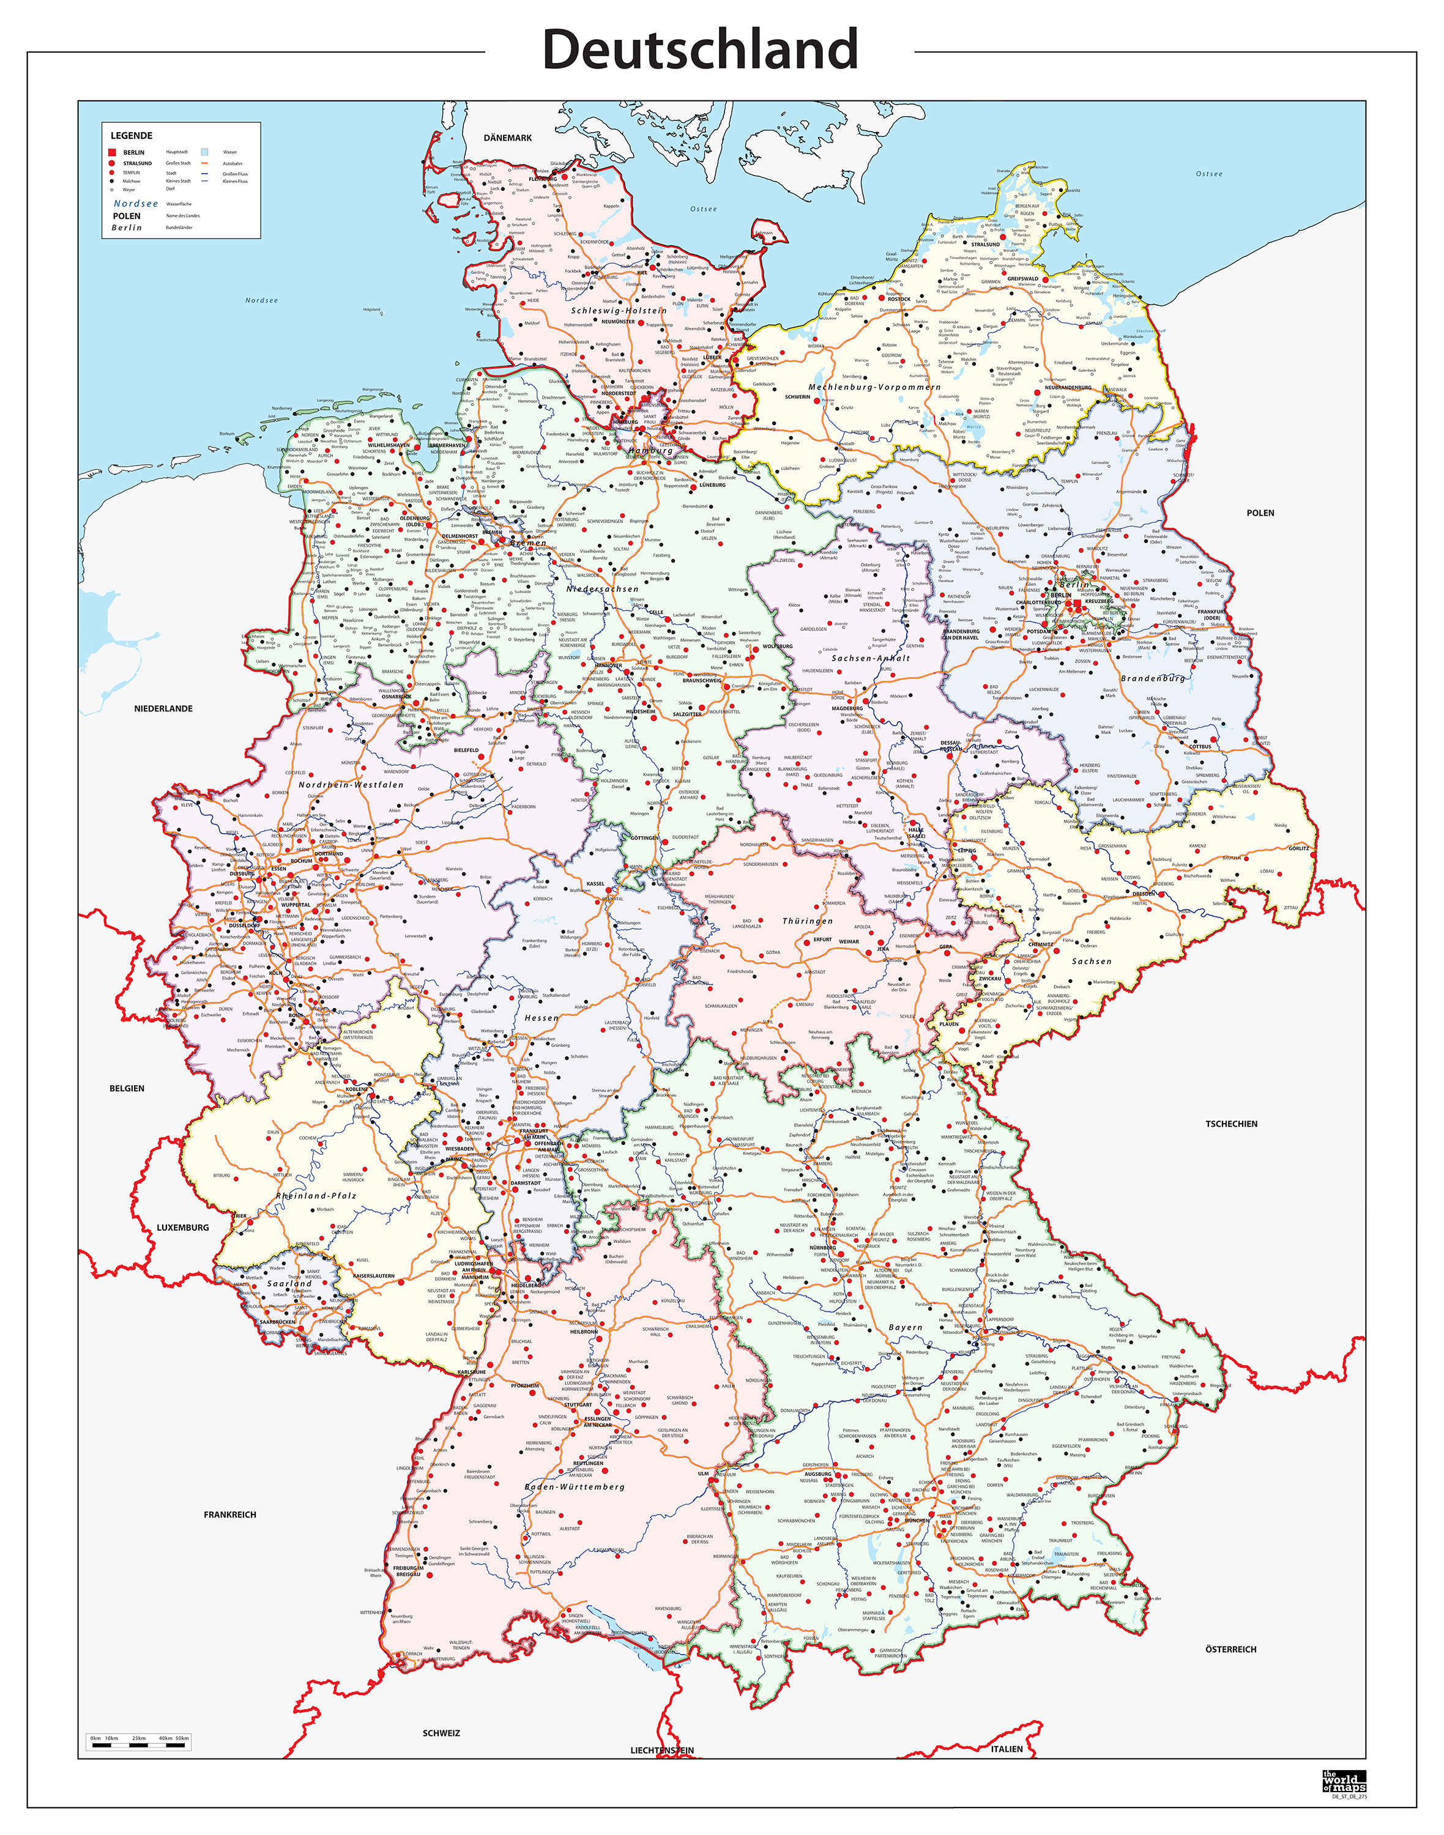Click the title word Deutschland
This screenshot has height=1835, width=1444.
(x=700, y=50)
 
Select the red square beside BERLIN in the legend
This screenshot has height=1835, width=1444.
(x=111, y=152)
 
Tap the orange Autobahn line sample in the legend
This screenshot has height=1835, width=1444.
(x=204, y=163)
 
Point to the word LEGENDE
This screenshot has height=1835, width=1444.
(x=132, y=135)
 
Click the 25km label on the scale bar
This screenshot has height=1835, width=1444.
(x=139, y=1738)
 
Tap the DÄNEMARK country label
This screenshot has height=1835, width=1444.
(x=507, y=138)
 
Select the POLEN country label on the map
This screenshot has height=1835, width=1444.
(x=1260, y=513)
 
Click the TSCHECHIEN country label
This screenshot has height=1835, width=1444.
(x=1231, y=1124)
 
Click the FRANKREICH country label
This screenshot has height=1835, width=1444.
(x=230, y=1514)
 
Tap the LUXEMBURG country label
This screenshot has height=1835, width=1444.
(x=182, y=1227)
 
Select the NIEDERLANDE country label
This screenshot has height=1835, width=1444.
(x=163, y=708)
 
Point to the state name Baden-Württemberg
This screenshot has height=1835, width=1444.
(x=575, y=1487)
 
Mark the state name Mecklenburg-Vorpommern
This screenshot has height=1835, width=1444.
(x=874, y=387)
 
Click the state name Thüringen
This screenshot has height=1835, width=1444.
(x=808, y=921)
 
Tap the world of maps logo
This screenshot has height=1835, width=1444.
(x=1344, y=1782)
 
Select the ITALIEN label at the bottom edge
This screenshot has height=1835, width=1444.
(x=1006, y=1749)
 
